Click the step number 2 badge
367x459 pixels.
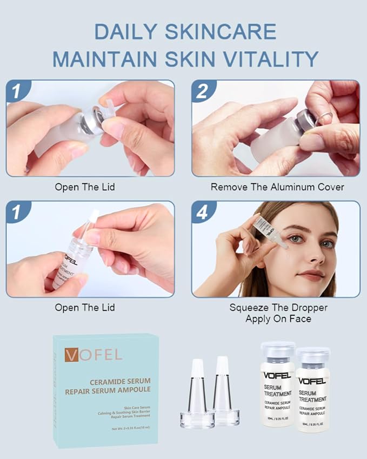click(x=203, y=91)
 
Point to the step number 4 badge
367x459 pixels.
click(x=203, y=212)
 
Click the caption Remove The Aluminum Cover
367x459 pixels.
click(x=277, y=187)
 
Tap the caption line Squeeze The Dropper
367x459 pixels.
click(x=278, y=308)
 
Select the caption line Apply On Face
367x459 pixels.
click(x=278, y=318)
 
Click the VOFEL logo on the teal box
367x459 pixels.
click(x=93, y=355)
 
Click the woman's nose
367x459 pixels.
click(x=310, y=254)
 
